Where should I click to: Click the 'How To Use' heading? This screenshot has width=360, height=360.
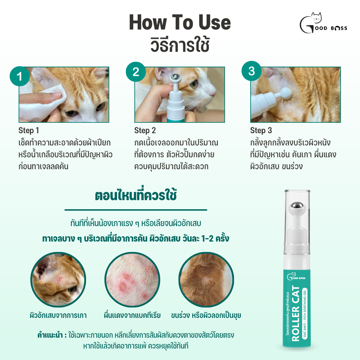180,22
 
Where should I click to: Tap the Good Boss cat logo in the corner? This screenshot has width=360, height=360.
323,23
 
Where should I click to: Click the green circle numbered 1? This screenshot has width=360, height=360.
20,76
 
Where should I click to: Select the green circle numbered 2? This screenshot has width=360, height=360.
136,72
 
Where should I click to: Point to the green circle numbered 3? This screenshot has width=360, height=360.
252,71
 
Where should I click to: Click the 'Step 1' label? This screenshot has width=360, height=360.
29,130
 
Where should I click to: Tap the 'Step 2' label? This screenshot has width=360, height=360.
145,130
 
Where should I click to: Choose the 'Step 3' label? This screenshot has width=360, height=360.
261,130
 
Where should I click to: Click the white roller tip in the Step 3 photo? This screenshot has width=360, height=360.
285,93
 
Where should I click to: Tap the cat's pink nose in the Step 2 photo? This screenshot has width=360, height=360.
213,93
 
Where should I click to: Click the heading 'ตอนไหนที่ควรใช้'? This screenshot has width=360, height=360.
136,195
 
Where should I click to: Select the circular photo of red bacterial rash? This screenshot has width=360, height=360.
132,280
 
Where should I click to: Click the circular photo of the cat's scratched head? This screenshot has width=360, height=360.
58,280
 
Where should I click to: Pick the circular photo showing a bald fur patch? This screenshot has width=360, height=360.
206,280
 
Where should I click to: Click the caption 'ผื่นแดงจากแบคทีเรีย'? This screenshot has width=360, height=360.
132,315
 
